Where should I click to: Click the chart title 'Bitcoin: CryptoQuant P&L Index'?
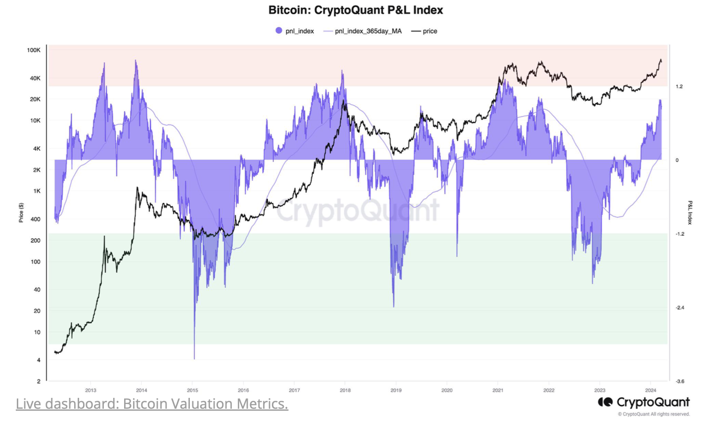356,10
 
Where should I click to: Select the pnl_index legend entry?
295,31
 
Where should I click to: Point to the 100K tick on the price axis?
34,50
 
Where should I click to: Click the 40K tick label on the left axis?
35,78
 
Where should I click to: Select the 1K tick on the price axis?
37,191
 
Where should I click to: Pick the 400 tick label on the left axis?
36,219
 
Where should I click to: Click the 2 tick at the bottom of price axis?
39,381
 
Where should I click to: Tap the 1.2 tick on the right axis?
679,86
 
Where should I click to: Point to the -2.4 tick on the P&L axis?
680,307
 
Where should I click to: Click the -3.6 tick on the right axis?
680,381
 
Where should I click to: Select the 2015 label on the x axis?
192,390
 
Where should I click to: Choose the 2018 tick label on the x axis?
345,390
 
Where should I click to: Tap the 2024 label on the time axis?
650,390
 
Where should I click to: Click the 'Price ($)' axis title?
21,213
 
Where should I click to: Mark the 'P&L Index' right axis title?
690,213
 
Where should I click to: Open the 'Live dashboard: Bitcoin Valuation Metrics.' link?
152,404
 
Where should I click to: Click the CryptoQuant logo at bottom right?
644,402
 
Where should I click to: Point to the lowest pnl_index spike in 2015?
194,358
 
